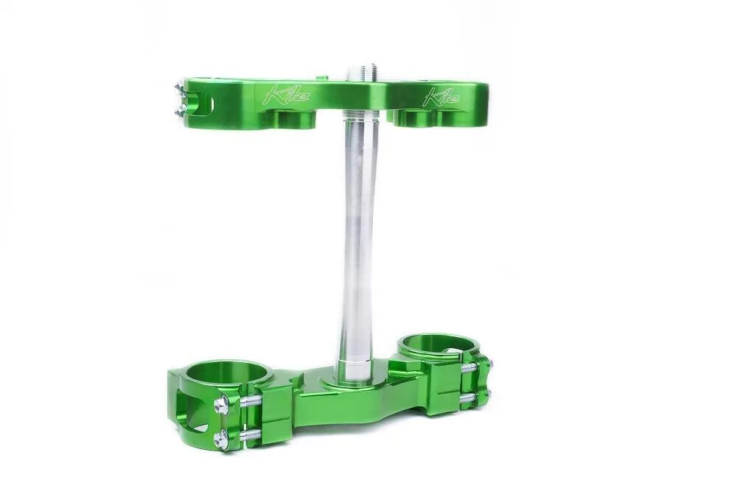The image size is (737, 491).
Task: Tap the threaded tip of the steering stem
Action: point(362,73)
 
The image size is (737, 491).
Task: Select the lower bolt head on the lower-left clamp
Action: point(220,440)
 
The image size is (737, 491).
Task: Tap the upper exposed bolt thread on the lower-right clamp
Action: point(469,367)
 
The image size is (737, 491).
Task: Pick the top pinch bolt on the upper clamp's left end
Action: point(179,90)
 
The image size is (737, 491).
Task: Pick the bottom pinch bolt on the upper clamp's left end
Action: point(179,110)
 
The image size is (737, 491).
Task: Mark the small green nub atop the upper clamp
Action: point(320,76)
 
